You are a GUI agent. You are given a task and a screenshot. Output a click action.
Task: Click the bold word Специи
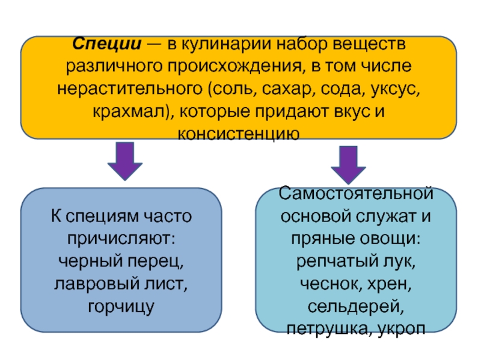(107, 44)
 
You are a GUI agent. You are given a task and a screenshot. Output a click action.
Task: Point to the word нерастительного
(130, 89)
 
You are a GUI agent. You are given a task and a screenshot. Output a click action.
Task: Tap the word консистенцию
(239, 134)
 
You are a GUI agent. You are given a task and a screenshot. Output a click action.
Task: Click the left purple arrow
(125, 161)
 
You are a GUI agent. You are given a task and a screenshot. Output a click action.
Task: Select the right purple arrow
(348, 165)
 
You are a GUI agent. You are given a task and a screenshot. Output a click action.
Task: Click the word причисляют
(121, 238)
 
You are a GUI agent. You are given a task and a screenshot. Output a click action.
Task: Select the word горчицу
(121, 307)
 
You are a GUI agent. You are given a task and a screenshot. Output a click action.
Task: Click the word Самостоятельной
(356, 194)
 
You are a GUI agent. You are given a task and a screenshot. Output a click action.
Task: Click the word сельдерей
(356, 307)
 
